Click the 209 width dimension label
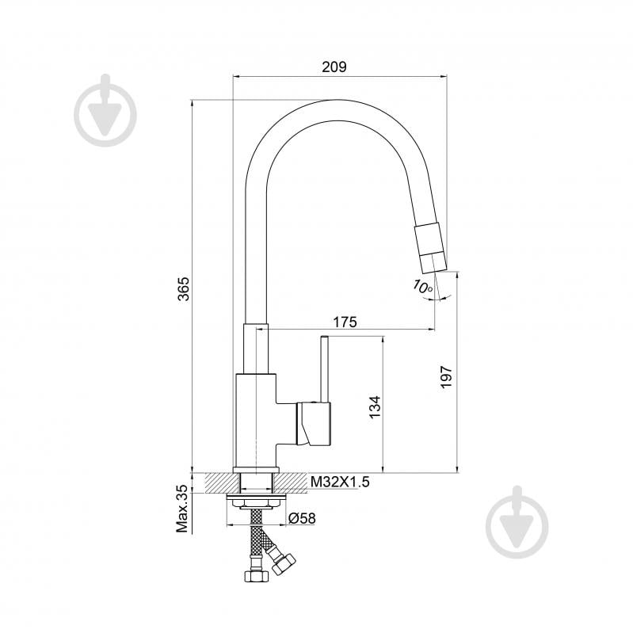pyautogui.click(x=335, y=67)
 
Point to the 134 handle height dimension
pyautogui.click(x=376, y=406)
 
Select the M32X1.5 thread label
pyautogui.click(x=340, y=481)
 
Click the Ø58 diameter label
pyautogui.click(x=302, y=518)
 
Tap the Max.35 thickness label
pyautogui.click(x=182, y=509)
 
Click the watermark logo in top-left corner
pyautogui.click(x=105, y=112)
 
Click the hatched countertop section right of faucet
pyautogui.click(x=292, y=481)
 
